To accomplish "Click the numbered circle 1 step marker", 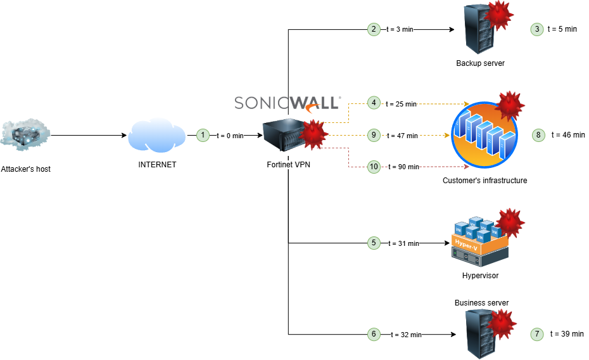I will point(203,135).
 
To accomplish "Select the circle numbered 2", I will point(374,29).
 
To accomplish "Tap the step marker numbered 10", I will point(374,167).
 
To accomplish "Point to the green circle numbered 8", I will point(538,135).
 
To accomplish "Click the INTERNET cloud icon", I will point(157,136).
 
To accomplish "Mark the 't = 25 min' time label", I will point(402,104).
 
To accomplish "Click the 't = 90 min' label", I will point(403,167).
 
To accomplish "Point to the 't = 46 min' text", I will point(568,135).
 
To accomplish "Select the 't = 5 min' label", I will point(562,29).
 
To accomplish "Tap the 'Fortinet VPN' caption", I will point(288,165).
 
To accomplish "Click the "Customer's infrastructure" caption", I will point(484,181).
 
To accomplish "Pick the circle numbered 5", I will point(374,243).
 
